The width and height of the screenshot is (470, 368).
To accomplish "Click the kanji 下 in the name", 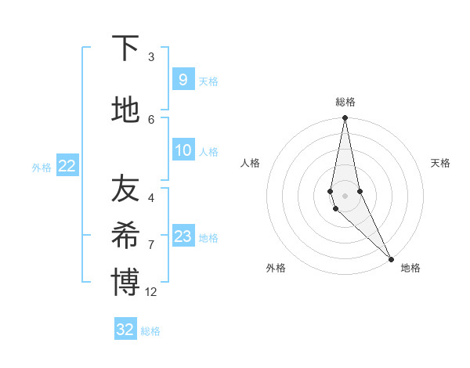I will [125, 49].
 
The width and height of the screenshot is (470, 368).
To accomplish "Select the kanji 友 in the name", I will [125, 188].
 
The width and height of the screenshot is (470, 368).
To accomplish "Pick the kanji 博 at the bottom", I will [125, 283].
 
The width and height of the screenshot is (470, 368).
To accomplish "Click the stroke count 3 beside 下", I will [151, 57].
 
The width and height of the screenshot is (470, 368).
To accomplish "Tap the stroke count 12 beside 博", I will [152, 292].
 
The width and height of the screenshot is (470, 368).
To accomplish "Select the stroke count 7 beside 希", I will [151, 245].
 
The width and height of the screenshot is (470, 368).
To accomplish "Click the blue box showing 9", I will [183, 79].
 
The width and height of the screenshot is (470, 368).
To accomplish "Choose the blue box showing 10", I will [183, 150].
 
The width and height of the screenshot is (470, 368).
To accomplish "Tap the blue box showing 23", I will [183, 236].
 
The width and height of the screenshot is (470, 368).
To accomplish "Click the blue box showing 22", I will [67, 165].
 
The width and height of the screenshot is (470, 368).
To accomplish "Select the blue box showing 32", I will [125, 330].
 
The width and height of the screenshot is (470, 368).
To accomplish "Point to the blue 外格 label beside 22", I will [42, 167].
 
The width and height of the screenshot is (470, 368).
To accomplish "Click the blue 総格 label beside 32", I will [150, 331].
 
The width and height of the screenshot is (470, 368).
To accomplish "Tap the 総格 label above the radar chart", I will [345, 102].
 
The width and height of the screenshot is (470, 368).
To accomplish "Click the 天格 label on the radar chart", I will [441, 163].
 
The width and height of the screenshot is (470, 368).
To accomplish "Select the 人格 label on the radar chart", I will [250, 163].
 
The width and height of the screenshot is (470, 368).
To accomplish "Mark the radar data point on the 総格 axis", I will [345, 118].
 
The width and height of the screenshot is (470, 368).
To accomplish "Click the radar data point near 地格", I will [391, 258].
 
